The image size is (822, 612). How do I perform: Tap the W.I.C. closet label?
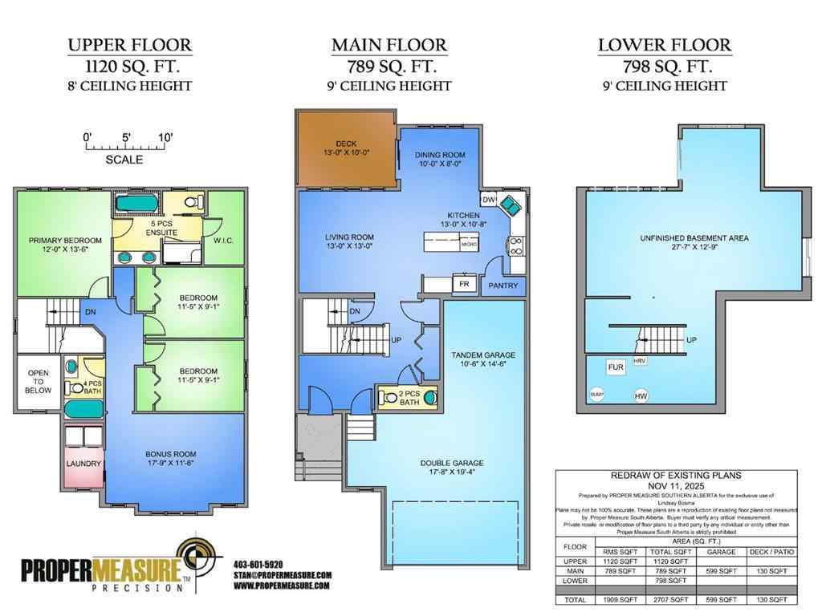(224, 239)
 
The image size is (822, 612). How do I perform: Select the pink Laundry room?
(83, 464)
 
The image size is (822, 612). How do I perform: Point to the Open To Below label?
(38, 381)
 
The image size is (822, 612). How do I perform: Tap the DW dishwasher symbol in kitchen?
(487, 200)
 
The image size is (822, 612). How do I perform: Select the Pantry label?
(503, 286)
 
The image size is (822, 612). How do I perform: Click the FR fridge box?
(464, 283)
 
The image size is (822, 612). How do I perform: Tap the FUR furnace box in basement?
(616, 367)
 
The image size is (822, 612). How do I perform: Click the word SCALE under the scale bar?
(124, 160)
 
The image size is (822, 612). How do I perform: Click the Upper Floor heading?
(130, 45)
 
